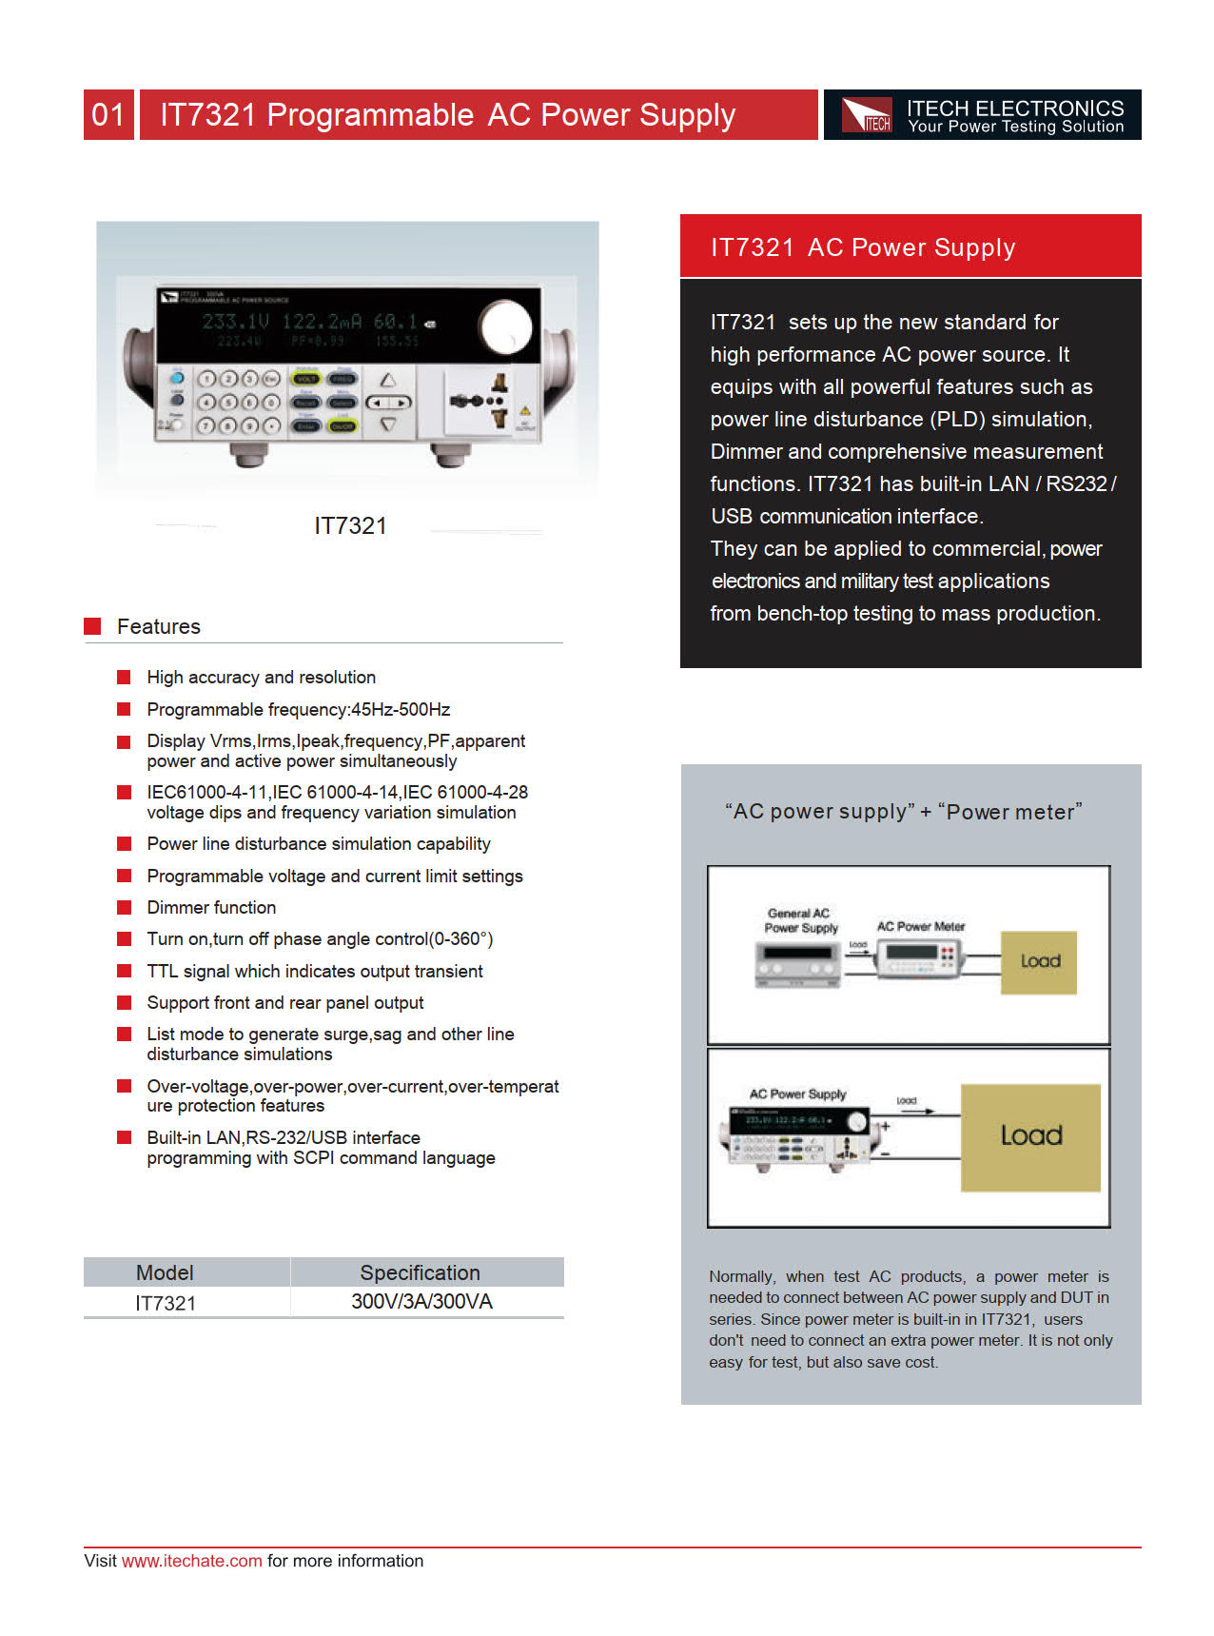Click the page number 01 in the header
108,115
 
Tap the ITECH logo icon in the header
867,115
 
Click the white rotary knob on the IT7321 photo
505,327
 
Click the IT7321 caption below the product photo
350,526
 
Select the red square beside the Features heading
92,626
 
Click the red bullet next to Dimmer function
124,907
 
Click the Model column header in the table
165,1272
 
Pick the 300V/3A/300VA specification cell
421,1302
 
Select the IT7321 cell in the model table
165,1303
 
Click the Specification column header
420,1272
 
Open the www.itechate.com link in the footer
191,1561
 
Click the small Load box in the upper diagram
1038,962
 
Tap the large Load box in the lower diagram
1030,1136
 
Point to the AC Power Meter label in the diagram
920,926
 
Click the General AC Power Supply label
800,920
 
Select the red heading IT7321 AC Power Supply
863,247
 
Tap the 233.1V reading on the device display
235,322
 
